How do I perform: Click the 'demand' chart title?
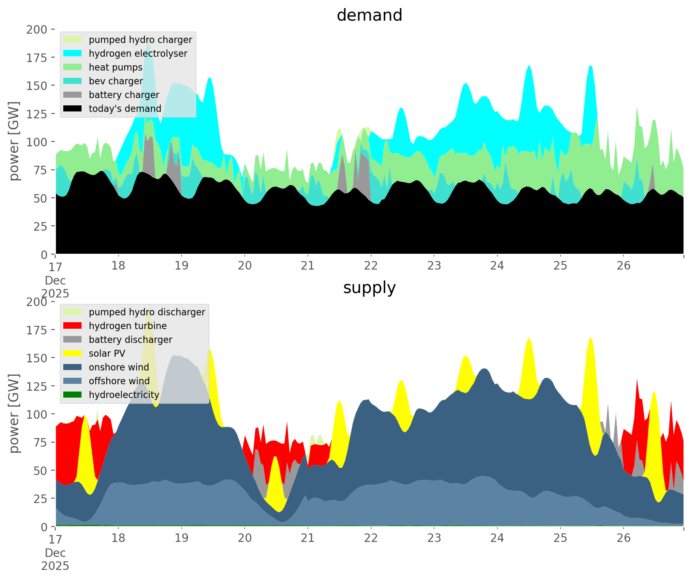369,15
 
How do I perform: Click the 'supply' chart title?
369,288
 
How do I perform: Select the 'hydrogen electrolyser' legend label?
138,54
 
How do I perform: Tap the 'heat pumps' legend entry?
116,67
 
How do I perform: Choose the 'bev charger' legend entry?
116,81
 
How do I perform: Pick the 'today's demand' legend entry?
125,109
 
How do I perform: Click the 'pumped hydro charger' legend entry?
140,40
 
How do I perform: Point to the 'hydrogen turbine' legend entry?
127,326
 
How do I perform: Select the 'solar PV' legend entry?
107,353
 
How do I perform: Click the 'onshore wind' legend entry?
119,367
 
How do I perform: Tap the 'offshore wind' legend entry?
119,381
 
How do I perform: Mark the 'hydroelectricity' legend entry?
124,395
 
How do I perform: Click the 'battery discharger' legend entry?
130,340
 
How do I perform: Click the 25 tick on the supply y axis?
40,499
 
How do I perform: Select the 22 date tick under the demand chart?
371,266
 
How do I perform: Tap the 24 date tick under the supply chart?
497,538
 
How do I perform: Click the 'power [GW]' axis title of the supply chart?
14,413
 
